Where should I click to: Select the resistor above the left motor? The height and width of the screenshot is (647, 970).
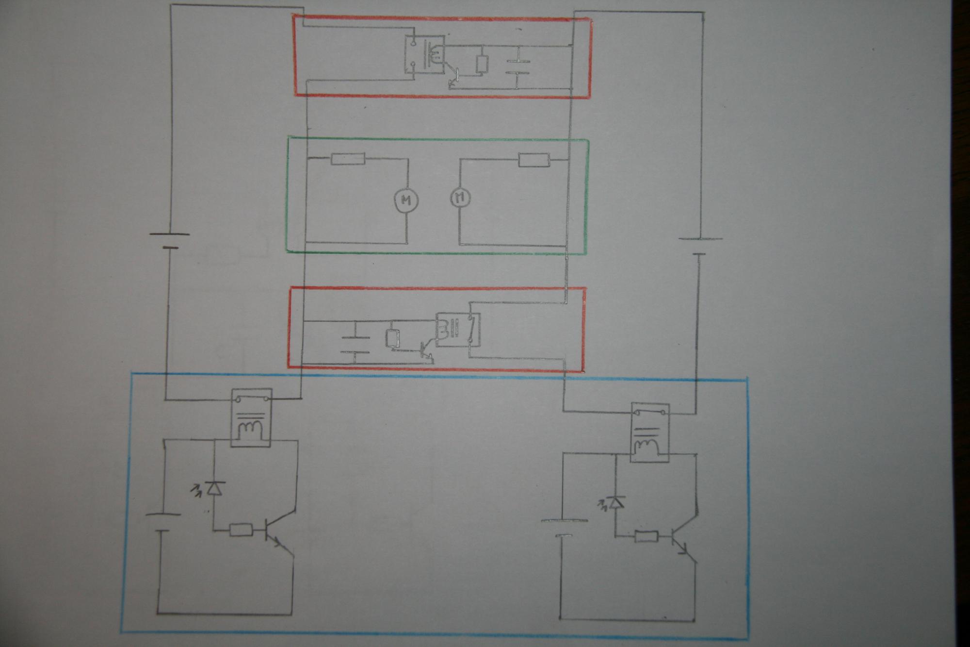click(348, 159)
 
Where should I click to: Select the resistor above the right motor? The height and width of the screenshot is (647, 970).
click(534, 160)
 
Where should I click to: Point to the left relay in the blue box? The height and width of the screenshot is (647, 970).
click(251, 417)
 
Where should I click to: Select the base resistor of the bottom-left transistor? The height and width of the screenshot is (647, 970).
click(241, 530)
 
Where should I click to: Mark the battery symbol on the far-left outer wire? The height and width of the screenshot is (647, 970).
click(169, 240)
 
